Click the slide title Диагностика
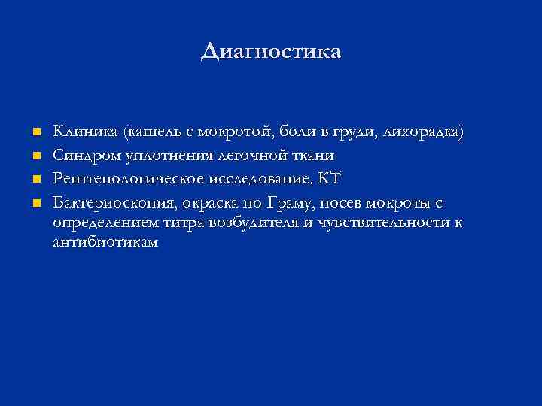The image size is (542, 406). (271, 51)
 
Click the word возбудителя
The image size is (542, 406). (260, 223)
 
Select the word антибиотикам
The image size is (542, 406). (105, 242)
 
